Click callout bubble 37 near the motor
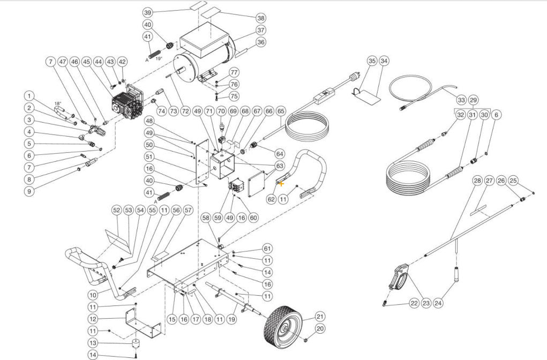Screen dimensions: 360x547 click(x=260, y=30)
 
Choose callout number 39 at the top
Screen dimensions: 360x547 click(x=148, y=12)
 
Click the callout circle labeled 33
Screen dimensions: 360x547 click(x=460, y=100)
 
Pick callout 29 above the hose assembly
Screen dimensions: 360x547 click(x=473, y=100)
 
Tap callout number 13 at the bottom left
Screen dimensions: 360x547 click(x=93, y=343)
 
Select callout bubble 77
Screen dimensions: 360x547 click(x=234, y=72)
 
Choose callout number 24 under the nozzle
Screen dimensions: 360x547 click(x=438, y=303)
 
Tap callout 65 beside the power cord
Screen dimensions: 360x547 click(x=281, y=111)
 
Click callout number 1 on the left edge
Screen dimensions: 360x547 click(x=31, y=95)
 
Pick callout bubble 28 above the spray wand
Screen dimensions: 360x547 click(x=477, y=181)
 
